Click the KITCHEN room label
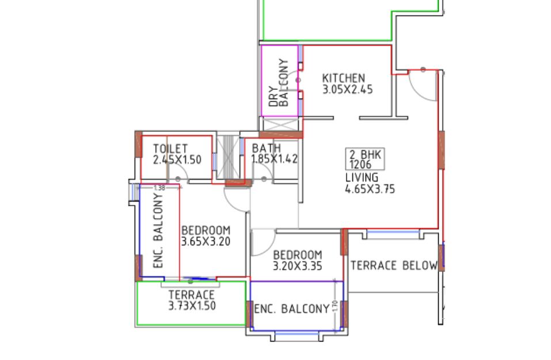[x=343, y=78]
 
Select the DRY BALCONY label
[x=279, y=84]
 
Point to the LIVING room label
[x=362, y=177]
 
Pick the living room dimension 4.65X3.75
[x=370, y=188]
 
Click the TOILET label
[x=170, y=149]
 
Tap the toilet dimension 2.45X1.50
[x=177, y=160]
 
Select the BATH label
[x=266, y=149]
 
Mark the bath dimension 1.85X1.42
[x=275, y=159]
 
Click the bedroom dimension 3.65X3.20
[x=206, y=242]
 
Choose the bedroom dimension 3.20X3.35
[x=297, y=266]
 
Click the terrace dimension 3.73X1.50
[x=192, y=306]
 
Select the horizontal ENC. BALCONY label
[x=291, y=309]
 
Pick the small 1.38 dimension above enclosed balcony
[x=159, y=188]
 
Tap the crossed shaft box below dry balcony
[x=280, y=124]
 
